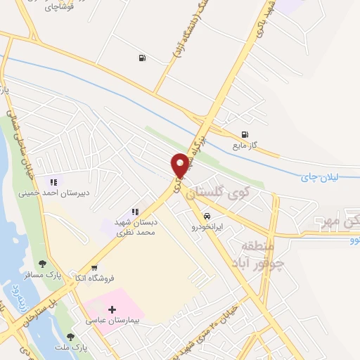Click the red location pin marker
(x=180, y=165)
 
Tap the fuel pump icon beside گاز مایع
(x=244, y=135)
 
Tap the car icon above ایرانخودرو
(x=207, y=216)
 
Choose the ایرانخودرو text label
(x=207, y=226)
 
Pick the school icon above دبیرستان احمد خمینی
(x=53, y=182)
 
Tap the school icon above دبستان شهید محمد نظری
(x=135, y=212)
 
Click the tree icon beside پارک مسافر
(x=42, y=264)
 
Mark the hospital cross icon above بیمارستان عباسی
(x=112, y=309)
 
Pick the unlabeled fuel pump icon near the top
(x=143, y=58)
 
